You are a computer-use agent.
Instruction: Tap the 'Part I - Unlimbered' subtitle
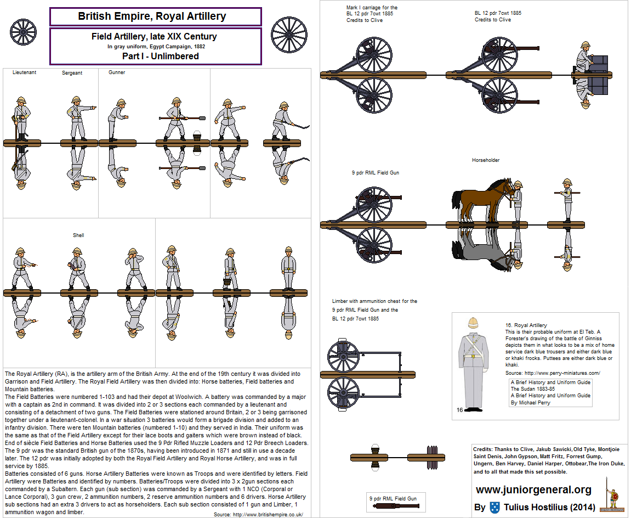160,56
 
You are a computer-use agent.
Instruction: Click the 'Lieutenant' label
24,72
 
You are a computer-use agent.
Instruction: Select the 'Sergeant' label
72,73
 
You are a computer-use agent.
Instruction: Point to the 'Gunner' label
117,72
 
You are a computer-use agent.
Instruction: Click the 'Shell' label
78,235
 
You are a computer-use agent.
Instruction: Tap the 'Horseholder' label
486,160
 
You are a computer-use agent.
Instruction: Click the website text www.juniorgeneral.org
533,489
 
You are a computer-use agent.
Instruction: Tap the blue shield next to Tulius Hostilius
494,507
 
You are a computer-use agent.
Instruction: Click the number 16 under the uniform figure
460,409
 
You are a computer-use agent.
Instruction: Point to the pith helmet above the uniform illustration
473,324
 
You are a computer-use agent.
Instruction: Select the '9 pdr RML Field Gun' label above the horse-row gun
375,173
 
